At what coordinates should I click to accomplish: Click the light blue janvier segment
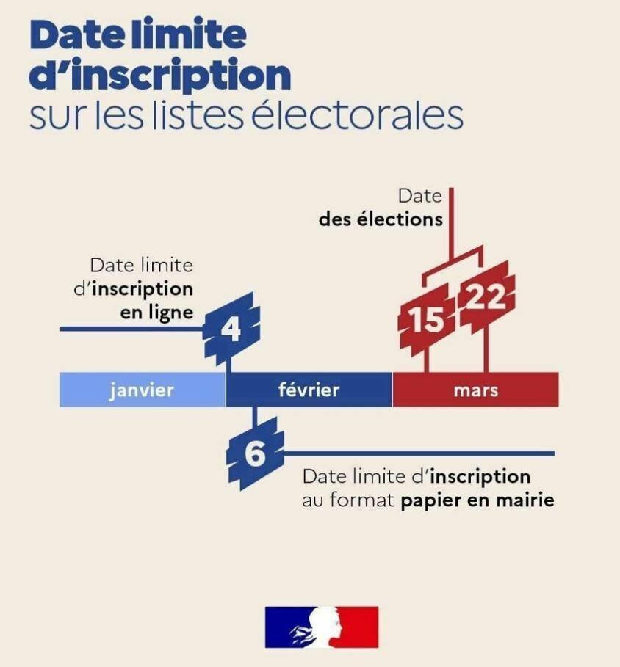(143, 390)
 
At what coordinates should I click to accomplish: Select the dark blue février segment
(309, 390)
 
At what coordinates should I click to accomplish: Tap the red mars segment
(475, 390)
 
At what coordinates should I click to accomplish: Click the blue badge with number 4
(231, 329)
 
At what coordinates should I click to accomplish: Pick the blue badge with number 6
(255, 453)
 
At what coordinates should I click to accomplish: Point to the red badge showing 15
(426, 320)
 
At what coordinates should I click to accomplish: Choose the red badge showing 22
(486, 297)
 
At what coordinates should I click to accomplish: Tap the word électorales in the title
(357, 115)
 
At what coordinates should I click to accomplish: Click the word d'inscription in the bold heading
(160, 76)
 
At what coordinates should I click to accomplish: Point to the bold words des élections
(381, 219)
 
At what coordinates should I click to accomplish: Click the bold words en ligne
(156, 313)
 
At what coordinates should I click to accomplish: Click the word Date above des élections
(420, 196)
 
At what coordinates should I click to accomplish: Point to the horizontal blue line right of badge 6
(419, 453)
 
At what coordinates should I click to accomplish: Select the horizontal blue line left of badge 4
(132, 329)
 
